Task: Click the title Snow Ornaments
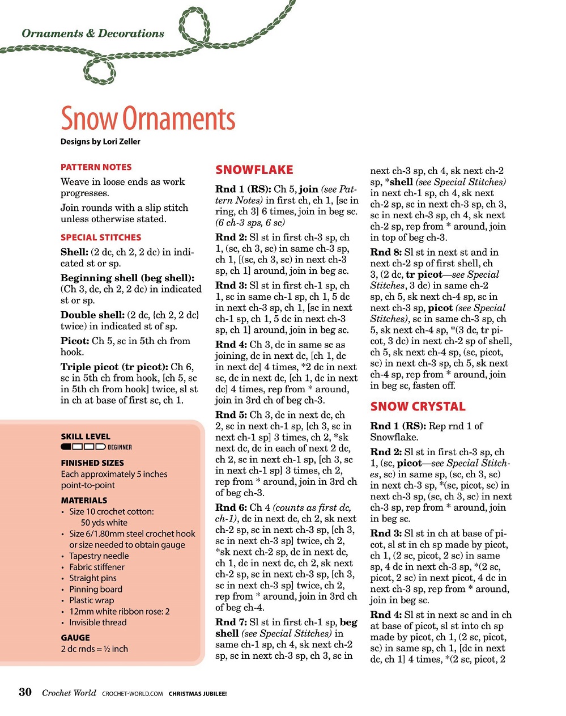(x=148, y=119)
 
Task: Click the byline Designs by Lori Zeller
(x=100, y=142)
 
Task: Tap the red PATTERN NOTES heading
(x=96, y=167)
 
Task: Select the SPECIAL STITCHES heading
(x=101, y=238)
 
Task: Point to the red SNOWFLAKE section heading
(x=254, y=170)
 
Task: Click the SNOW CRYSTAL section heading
(x=418, y=406)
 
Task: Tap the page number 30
(x=25, y=692)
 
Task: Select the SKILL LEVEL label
(x=86, y=437)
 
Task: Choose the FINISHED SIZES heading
(x=92, y=463)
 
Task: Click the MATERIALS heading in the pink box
(x=84, y=501)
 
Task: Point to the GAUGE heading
(x=75, y=638)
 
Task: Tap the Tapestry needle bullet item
(x=99, y=556)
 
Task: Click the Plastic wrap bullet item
(x=92, y=600)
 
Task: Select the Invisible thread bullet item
(x=98, y=622)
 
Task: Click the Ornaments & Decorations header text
(x=93, y=33)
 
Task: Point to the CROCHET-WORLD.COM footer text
(x=133, y=693)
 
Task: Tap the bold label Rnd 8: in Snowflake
(x=386, y=252)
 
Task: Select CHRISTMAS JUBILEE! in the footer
(x=198, y=693)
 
